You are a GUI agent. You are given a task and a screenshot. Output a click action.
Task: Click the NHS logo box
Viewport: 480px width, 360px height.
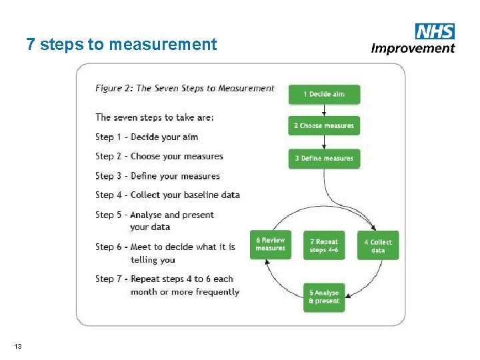[x=435, y=31]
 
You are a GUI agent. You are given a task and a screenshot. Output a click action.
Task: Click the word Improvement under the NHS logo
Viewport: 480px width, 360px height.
[x=413, y=48]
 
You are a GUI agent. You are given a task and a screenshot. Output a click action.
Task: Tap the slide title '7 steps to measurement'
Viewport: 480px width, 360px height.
[x=121, y=45]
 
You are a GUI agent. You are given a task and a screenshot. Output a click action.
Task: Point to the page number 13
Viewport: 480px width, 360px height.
[x=17, y=345]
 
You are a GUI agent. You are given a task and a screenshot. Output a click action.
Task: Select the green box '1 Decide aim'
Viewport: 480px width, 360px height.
[x=324, y=94]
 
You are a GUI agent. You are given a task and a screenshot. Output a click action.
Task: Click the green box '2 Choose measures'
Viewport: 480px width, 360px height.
[x=324, y=125]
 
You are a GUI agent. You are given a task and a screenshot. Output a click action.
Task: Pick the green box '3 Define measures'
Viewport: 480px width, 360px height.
[x=324, y=158]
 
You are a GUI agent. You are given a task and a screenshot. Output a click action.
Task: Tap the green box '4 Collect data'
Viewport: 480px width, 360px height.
[x=378, y=245]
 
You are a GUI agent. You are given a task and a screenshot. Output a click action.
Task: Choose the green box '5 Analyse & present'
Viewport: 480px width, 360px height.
[x=324, y=297]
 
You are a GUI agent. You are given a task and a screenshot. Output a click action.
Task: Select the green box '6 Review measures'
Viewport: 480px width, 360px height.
[x=270, y=244]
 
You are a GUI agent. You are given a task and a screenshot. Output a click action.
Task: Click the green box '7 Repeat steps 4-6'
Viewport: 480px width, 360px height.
[x=324, y=245]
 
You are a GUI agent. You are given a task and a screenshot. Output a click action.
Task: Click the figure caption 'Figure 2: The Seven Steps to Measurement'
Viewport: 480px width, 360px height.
[x=185, y=88]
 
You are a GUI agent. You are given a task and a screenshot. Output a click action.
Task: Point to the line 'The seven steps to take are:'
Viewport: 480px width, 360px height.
[x=155, y=117]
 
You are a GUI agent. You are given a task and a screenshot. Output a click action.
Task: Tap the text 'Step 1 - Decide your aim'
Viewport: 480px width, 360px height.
[x=147, y=137]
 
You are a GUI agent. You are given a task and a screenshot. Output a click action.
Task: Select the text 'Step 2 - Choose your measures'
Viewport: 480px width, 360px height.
[x=159, y=156]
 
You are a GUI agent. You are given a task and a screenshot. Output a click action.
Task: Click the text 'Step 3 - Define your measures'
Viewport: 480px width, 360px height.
[x=157, y=176]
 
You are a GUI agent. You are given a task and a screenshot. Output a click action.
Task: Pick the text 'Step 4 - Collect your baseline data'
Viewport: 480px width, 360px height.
[x=167, y=195]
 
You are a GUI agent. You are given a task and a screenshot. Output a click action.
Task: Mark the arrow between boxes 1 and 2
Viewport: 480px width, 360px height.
[x=324, y=110]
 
